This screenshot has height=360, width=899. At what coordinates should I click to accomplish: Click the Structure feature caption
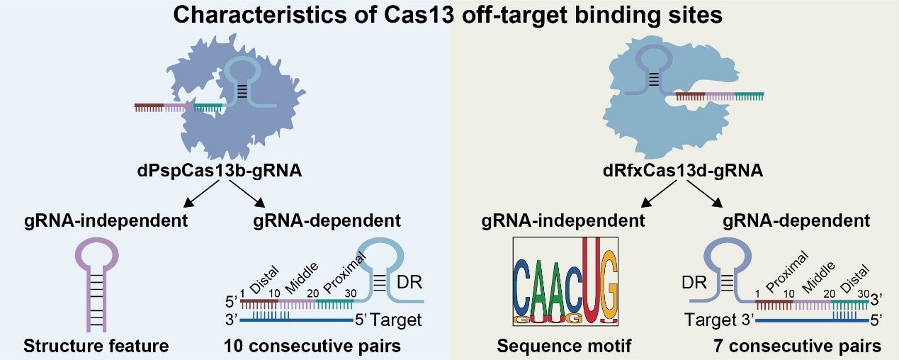[96, 347]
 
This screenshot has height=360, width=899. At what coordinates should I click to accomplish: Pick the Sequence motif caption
[564, 347]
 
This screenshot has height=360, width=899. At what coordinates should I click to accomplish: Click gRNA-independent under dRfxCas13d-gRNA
[563, 220]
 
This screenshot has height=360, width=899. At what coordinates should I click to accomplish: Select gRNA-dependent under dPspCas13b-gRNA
[327, 220]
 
